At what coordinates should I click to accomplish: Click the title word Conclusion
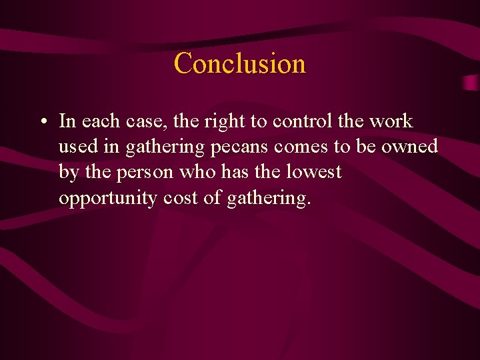click(x=240, y=64)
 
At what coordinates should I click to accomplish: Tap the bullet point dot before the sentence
click(x=43, y=122)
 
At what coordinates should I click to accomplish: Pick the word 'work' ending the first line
click(x=391, y=121)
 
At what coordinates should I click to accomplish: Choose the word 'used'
click(x=77, y=147)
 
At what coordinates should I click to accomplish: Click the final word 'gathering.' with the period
click(x=269, y=199)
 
